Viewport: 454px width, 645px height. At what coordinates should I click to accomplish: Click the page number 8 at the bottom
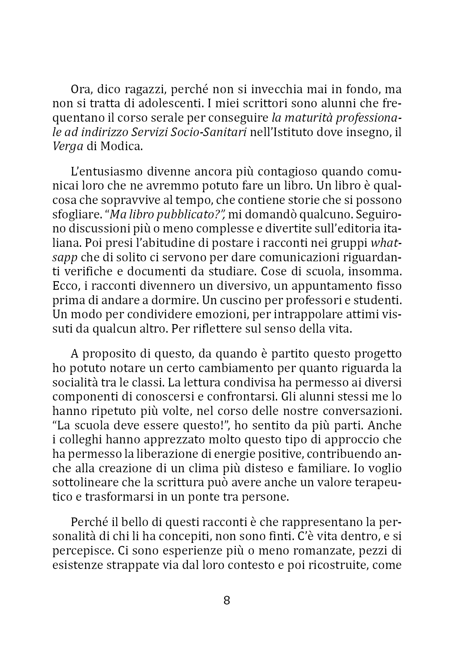tap(227, 600)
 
